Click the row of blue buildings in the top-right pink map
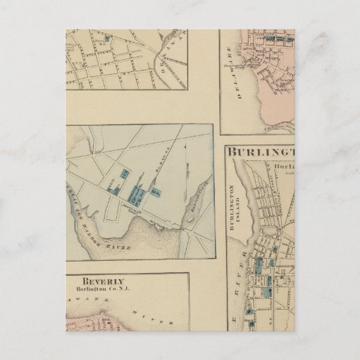coord(274,40)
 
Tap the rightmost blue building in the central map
coord(156,194)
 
